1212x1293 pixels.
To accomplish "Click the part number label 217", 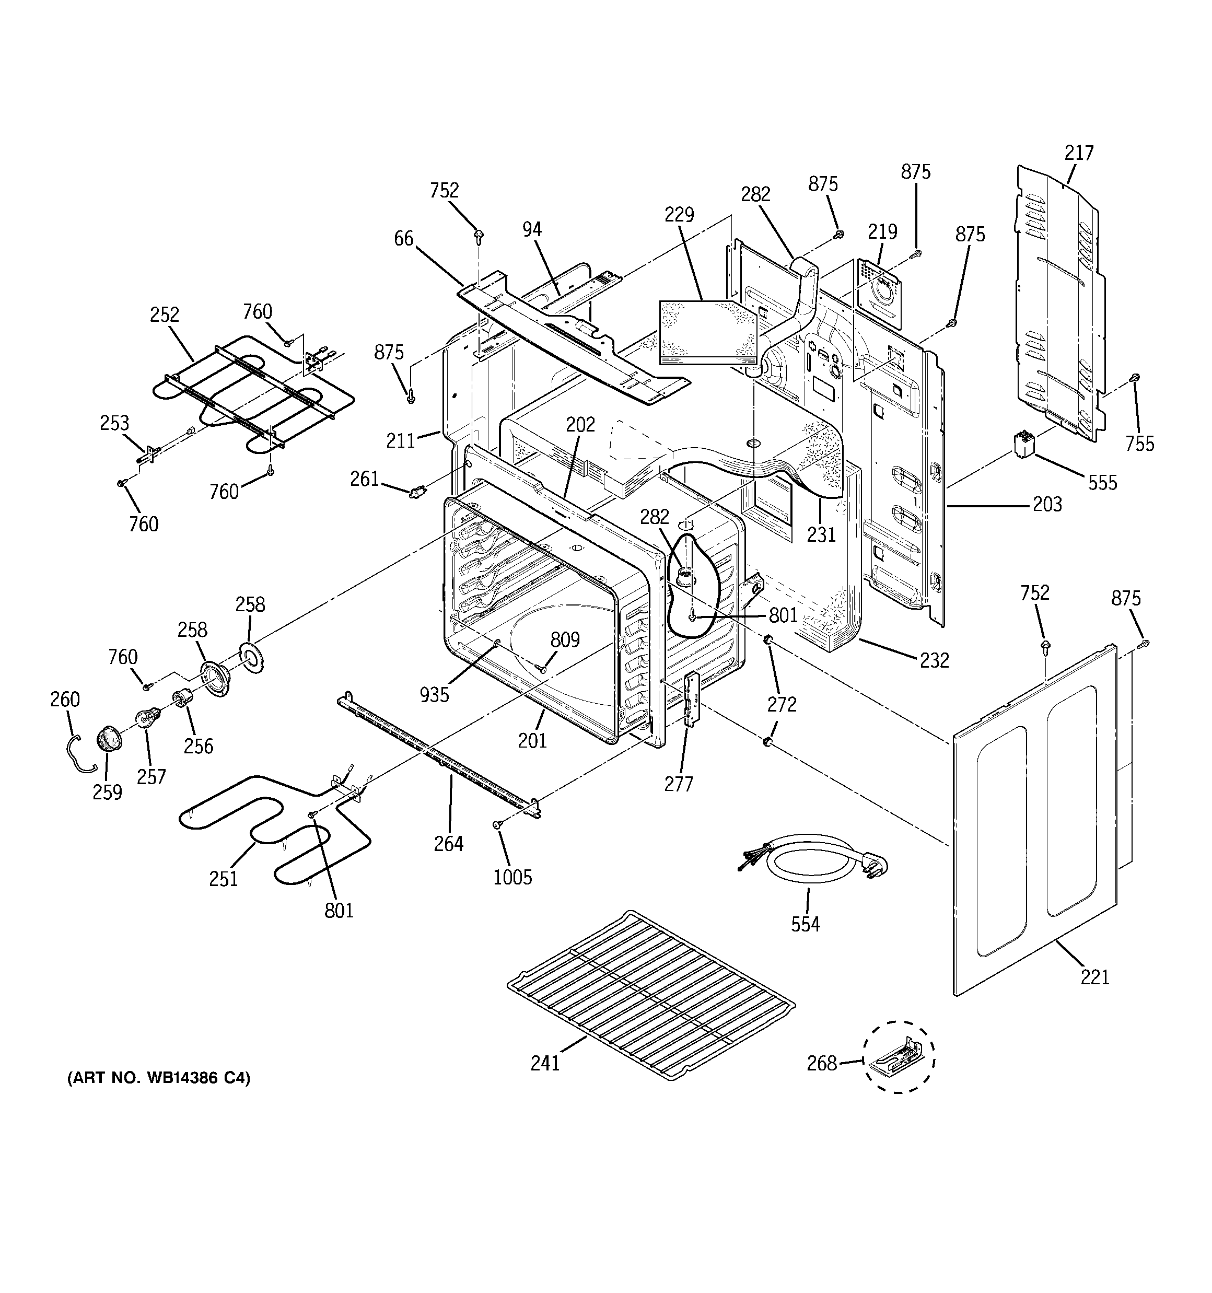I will click(x=1079, y=153).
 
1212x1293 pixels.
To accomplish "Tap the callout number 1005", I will click(x=512, y=877).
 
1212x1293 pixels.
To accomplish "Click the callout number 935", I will click(x=434, y=695).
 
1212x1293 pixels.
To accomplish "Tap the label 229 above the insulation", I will click(x=679, y=214).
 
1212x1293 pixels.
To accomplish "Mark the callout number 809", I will click(x=565, y=639).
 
